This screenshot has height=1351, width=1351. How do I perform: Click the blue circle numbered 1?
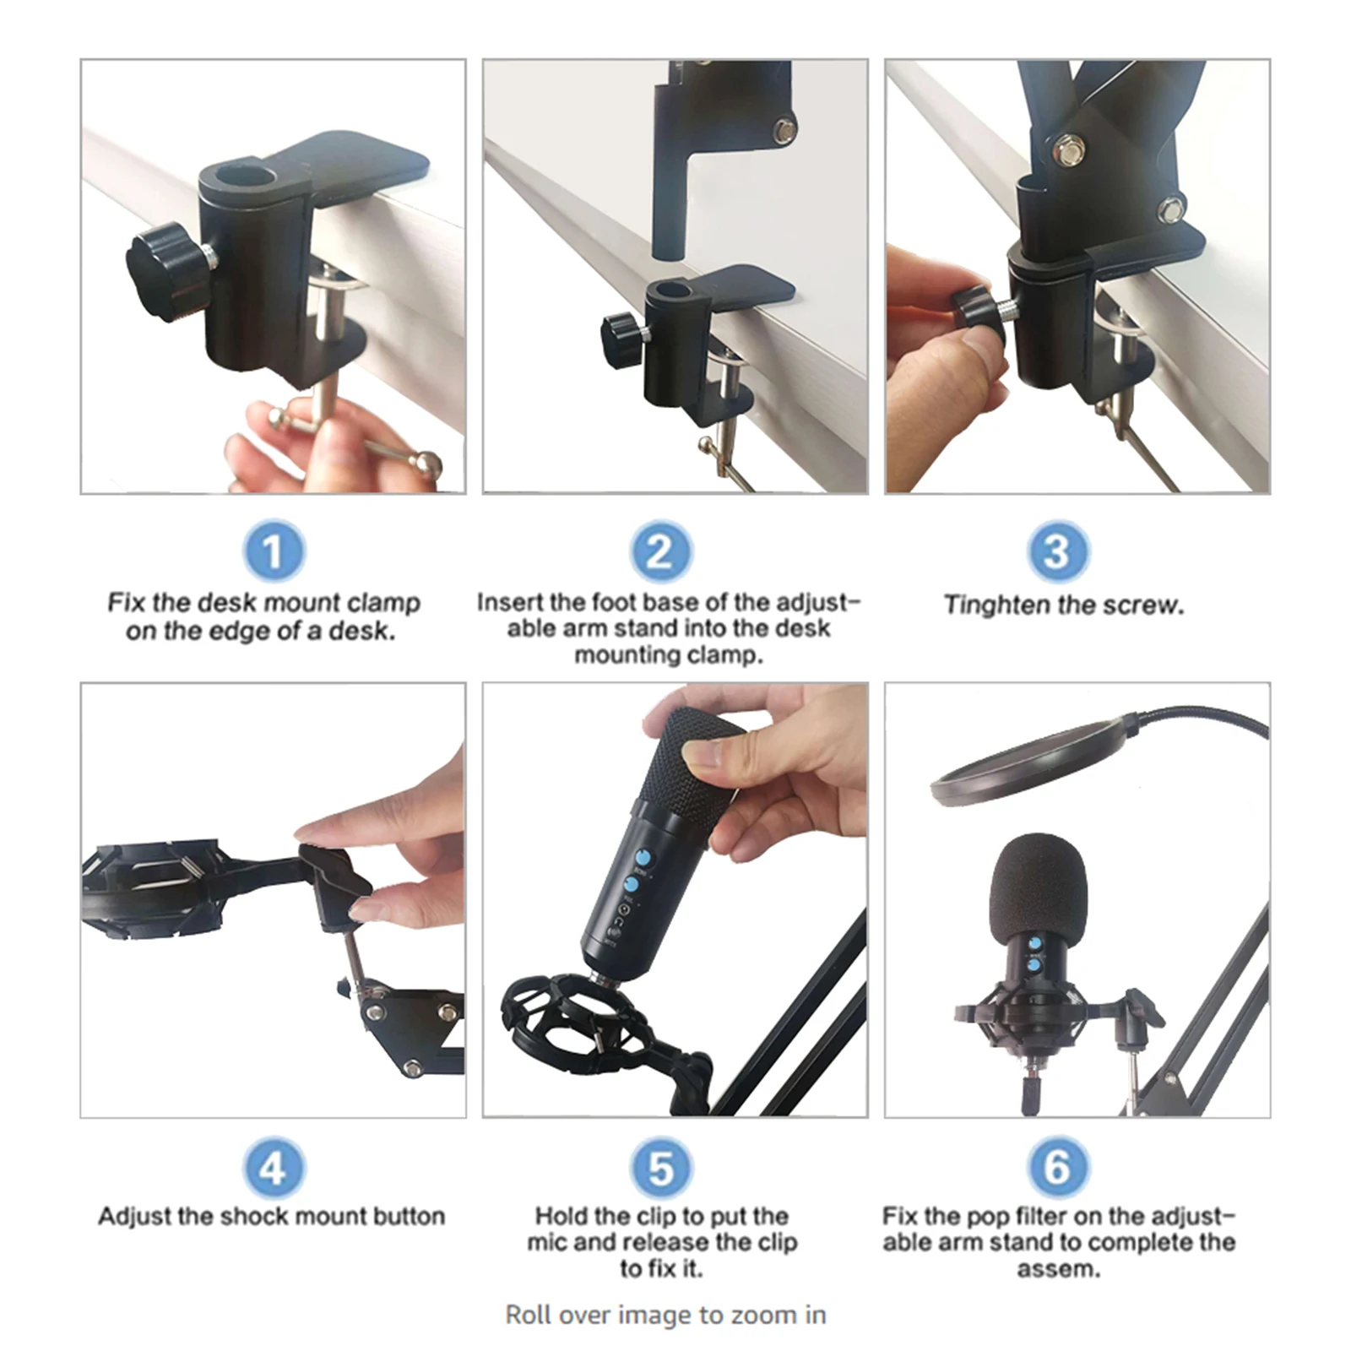click(x=274, y=551)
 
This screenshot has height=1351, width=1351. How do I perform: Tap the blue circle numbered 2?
click(x=661, y=551)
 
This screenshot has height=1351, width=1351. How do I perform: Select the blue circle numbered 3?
click(x=1057, y=551)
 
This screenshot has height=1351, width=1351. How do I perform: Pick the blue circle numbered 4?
click(x=274, y=1168)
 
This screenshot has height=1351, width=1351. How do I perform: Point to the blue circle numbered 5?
click(x=661, y=1168)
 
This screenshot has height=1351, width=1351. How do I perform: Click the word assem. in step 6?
click(x=1058, y=1268)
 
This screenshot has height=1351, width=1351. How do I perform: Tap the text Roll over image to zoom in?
click(x=665, y=1315)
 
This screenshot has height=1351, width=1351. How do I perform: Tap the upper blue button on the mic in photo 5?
click(x=643, y=858)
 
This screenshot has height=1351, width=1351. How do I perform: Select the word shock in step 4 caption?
click(x=252, y=1216)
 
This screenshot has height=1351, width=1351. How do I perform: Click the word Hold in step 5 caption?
click(x=561, y=1216)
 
